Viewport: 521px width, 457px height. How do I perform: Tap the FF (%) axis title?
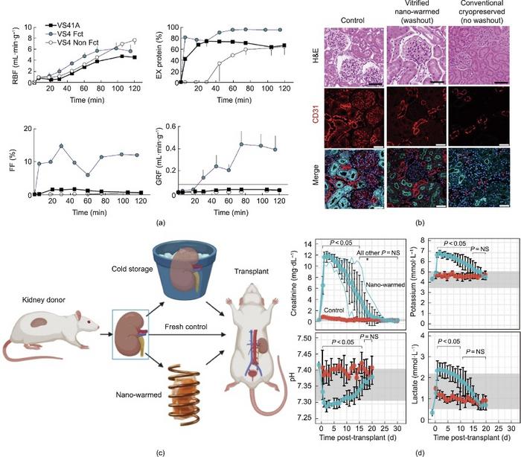point(9,159)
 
